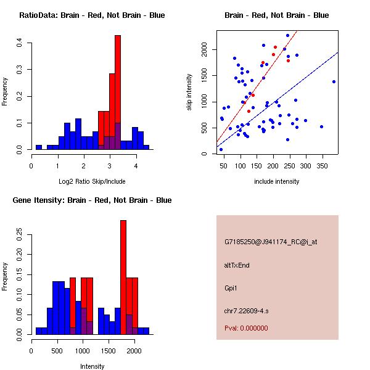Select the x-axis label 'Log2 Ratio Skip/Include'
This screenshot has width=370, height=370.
(92, 181)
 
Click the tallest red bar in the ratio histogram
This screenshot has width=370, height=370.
(117, 92)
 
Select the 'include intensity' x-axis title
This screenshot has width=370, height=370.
(277, 181)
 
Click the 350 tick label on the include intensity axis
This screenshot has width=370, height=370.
(322, 165)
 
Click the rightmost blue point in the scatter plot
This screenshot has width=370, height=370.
(334, 81)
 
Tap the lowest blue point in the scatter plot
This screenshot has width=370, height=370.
(221, 149)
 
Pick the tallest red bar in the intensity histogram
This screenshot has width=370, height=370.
(123, 277)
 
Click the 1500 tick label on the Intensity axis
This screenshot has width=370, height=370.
(109, 350)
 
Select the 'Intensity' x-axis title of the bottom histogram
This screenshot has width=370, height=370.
(92, 366)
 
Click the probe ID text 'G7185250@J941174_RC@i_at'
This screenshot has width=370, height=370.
(271, 242)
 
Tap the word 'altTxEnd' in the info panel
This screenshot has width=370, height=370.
(237, 265)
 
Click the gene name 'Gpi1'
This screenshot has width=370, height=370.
(231, 287)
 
